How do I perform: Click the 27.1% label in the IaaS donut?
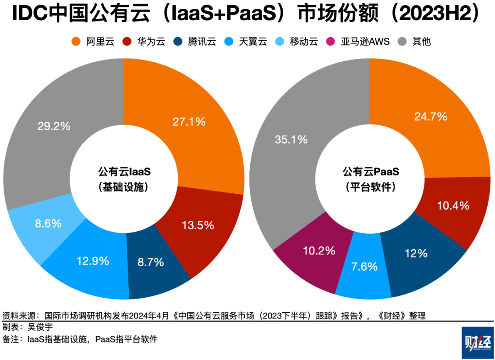(x=189, y=122)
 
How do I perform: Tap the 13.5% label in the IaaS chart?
(x=198, y=225)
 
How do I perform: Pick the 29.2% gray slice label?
(x=54, y=126)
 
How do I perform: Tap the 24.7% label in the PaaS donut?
(x=430, y=116)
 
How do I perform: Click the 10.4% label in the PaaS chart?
(x=452, y=206)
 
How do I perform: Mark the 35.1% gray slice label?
(x=291, y=140)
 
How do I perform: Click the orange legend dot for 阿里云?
(x=76, y=42)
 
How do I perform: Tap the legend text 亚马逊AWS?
(x=365, y=42)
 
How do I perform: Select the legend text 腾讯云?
(x=202, y=42)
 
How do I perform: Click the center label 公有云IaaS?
(x=124, y=172)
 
